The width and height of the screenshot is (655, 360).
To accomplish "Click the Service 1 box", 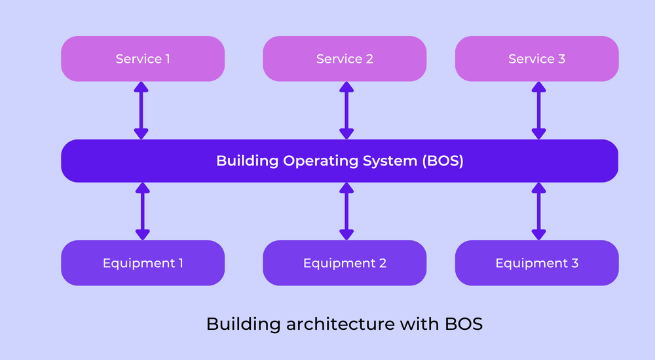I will [x=143, y=59].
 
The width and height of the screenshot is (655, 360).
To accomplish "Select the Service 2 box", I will [x=345, y=59].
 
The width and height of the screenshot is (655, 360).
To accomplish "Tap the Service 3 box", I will [x=536, y=59].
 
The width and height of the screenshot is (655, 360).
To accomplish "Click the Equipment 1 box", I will [x=143, y=263].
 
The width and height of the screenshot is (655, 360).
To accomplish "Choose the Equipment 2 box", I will [x=345, y=263].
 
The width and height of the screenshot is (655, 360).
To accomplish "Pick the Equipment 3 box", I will [x=536, y=263].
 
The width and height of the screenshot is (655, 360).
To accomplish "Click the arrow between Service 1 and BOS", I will [x=141, y=110].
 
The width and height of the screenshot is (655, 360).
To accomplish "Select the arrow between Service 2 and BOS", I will [x=346, y=110].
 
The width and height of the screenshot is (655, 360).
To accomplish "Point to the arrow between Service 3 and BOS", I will [x=538, y=110].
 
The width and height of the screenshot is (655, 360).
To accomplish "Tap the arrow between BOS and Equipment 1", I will [x=141, y=211].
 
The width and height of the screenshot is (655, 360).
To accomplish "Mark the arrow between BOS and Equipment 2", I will [x=346, y=211].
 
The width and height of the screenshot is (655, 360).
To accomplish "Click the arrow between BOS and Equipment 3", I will [x=538, y=211].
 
